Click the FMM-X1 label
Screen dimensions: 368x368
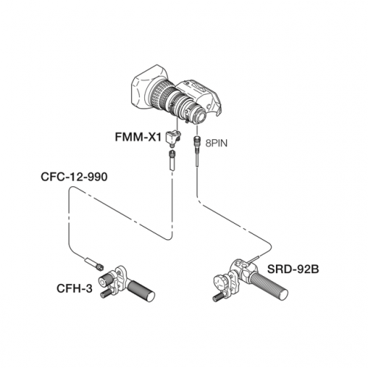coord(138,137)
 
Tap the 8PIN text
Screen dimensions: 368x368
coord(216,144)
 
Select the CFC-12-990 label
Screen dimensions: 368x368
coord(74,177)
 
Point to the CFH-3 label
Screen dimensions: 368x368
coord(74,289)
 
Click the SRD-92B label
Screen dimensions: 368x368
coord(293,269)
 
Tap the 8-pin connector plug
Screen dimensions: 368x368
coord(197,141)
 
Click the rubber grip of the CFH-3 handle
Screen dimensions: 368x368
coord(141,291)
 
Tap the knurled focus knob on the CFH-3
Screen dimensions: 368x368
coord(105,280)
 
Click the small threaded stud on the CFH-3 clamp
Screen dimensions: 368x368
coord(106,294)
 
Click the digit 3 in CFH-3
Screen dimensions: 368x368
coord(89,289)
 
